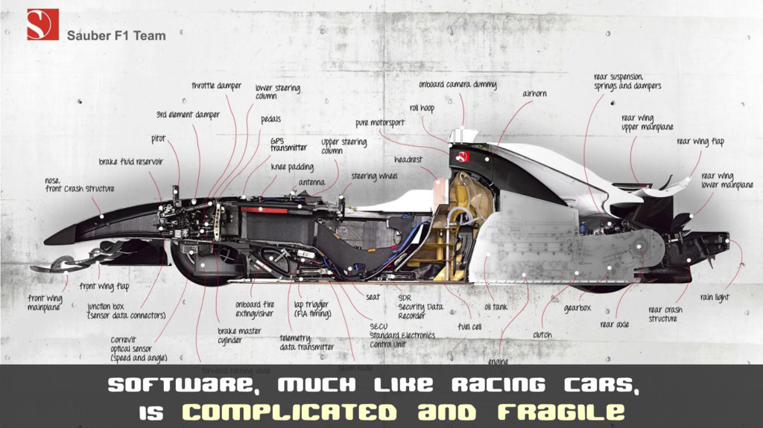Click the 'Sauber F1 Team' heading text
click(x=116, y=35)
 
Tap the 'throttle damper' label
click(x=216, y=86)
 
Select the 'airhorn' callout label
click(x=534, y=94)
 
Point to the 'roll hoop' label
click(x=422, y=109)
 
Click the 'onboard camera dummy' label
click(x=457, y=85)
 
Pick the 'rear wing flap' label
click(x=700, y=141)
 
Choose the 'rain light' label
click(x=715, y=298)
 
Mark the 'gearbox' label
click(x=577, y=307)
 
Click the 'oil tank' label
click(x=496, y=306)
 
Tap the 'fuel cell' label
click(x=469, y=326)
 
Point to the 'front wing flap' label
click(x=104, y=287)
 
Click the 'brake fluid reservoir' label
click(x=131, y=162)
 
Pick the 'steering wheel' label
click(x=374, y=176)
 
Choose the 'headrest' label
click(x=408, y=160)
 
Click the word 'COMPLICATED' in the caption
click(x=289, y=412)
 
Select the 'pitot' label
click(x=158, y=139)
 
